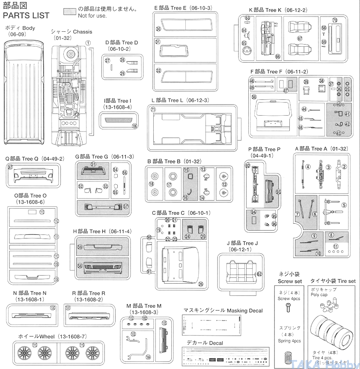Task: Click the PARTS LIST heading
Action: click(x=26, y=16)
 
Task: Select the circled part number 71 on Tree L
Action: click(x=153, y=110)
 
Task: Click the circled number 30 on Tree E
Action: click(x=158, y=29)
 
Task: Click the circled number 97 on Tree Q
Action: click(x=10, y=167)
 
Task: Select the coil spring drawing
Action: click(x=290, y=356)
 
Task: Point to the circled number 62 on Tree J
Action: click(x=259, y=274)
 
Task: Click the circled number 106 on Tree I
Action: click(x=135, y=126)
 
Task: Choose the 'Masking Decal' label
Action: click(x=223, y=310)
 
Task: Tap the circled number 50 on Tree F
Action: click(x=254, y=97)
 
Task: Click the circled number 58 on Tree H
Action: click(x=80, y=266)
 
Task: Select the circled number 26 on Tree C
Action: click(x=201, y=284)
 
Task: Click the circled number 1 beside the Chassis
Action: click(x=88, y=42)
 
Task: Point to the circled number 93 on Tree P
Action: click(x=279, y=192)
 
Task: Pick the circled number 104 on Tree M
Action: click(x=148, y=357)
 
